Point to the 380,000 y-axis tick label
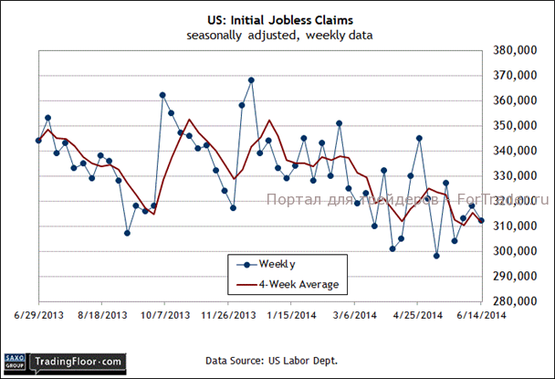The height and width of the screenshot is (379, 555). point(513,51)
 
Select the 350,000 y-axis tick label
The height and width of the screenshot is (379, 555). point(513,126)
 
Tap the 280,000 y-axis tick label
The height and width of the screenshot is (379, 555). point(513,300)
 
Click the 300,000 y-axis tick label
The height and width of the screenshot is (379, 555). point(513,251)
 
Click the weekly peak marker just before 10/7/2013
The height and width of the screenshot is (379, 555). point(162,95)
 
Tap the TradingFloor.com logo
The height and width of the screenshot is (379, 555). point(78,363)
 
